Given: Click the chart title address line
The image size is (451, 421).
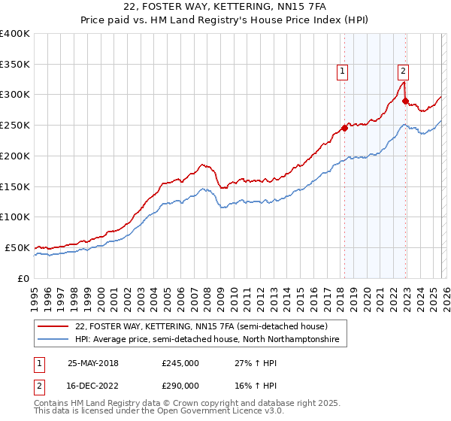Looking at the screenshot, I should [225, 8].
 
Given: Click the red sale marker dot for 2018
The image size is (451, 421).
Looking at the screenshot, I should [345, 128].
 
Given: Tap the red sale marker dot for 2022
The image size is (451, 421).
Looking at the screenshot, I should [405, 101].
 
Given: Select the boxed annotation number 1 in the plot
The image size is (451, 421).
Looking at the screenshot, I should [342, 71].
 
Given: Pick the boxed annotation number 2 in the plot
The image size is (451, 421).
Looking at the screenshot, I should [403, 71].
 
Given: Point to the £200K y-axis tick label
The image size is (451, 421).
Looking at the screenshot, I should [15, 156].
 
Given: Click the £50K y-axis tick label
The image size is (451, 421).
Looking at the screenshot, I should [17, 247].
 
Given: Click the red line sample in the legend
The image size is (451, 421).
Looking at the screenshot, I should [53, 327].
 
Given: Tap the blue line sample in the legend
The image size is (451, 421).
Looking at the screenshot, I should [53, 340].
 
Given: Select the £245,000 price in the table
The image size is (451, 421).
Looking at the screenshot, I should [180, 363].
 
